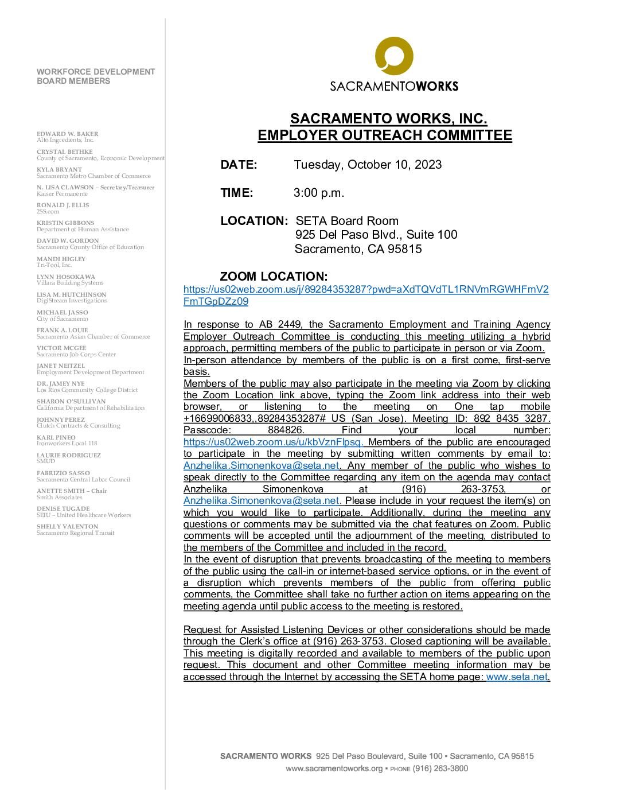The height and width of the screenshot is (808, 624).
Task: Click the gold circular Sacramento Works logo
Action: click(394, 56)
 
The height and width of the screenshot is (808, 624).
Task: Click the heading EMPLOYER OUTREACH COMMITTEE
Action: click(385, 135)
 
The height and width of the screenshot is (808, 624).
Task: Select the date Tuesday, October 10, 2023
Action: click(368, 165)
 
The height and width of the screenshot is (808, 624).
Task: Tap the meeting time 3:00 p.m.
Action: click(319, 193)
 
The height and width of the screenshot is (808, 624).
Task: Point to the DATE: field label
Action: click(239, 165)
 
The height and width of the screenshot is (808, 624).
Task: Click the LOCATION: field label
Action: click(253, 221)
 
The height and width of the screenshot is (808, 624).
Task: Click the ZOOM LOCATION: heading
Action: click(274, 277)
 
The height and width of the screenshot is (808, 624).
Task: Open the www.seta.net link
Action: click(517, 677)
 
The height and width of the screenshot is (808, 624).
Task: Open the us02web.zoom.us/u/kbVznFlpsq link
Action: click(273, 442)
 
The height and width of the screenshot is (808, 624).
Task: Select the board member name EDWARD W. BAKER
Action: click(60, 134)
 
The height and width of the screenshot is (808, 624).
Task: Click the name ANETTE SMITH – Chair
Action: click(72, 491)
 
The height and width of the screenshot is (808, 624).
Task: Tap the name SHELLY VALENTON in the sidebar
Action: click(67, 526)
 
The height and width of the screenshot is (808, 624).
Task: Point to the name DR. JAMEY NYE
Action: click(60, 383)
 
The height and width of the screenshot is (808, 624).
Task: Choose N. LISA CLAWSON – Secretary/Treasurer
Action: click(95, 187)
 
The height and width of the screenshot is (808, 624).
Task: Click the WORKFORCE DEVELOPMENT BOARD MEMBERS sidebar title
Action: click(96, 76)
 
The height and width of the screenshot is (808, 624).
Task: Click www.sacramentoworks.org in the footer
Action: click(334, 768)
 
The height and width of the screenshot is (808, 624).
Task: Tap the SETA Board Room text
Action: click(346, 221)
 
